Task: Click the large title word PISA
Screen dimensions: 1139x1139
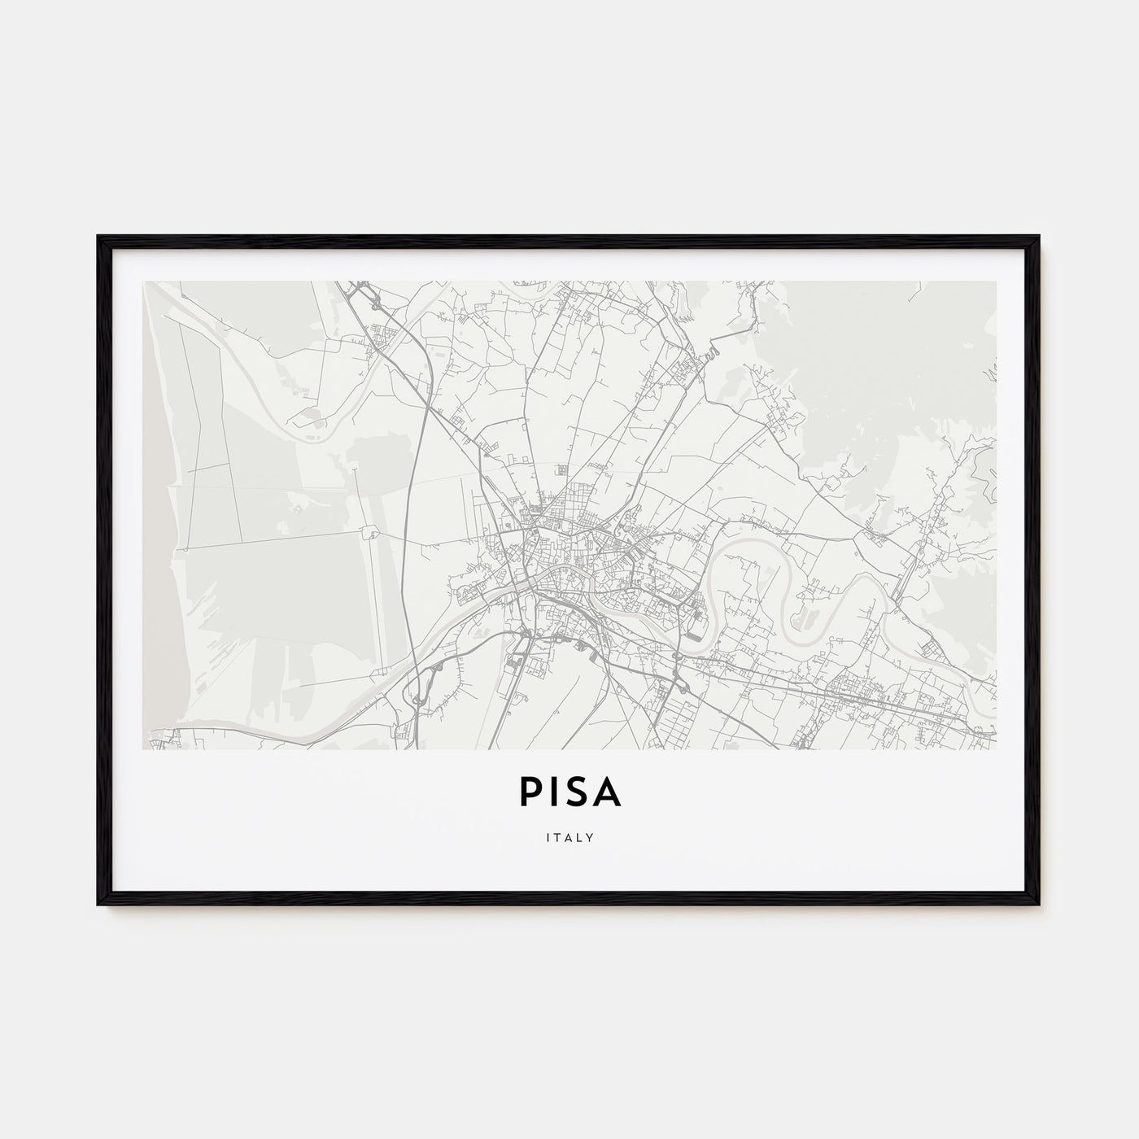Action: click(569, 794)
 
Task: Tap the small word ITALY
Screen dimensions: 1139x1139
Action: click(569, 836)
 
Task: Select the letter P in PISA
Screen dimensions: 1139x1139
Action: click(527, 794)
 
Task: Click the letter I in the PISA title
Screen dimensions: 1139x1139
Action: click(552, 794)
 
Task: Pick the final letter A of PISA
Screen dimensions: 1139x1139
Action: click(608, 794)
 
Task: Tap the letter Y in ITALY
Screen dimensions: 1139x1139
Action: click(590, 836)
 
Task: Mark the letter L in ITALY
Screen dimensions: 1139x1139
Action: click(579, 836)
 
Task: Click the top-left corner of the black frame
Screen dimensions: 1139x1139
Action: click(98, 237)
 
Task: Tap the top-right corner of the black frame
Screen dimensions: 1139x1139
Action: click(1039, 237)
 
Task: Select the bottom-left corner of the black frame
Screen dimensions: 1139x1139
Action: click(98, 904)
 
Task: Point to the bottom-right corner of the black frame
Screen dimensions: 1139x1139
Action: click(1039, 904)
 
